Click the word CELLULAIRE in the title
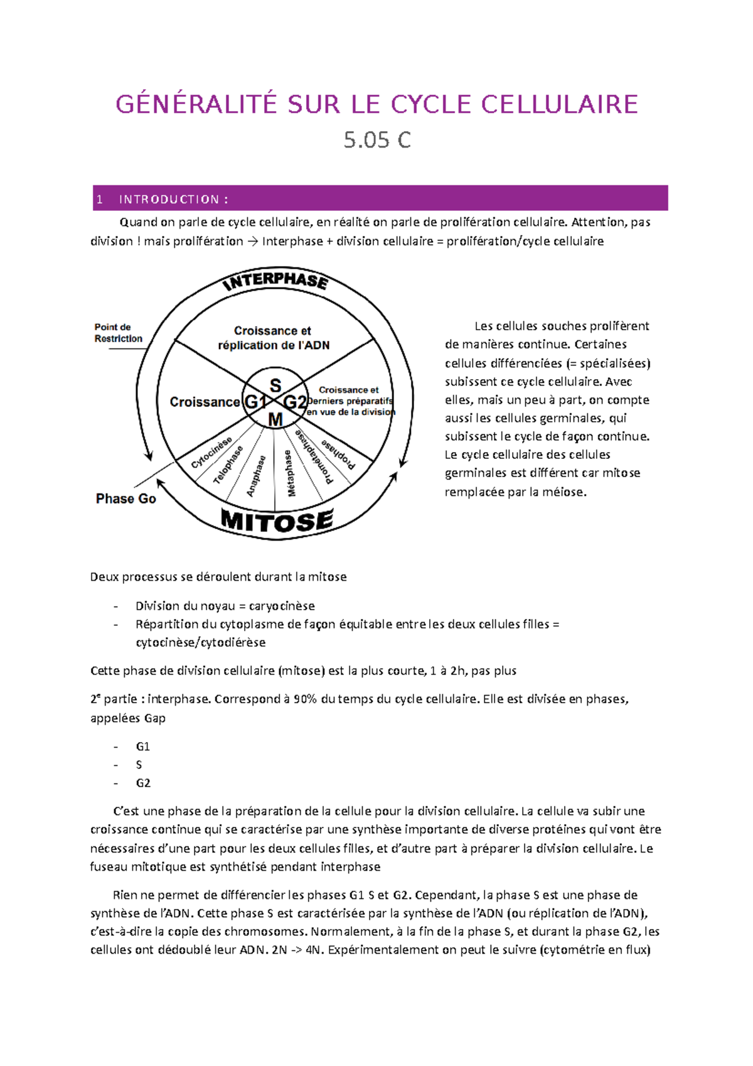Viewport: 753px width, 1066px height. pyautogui.click(x=560, y=104)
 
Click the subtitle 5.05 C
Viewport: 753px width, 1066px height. pyautogui.click(x=377, y=139)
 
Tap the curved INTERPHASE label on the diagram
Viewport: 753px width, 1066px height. pyautogui.click(x=276, y=281)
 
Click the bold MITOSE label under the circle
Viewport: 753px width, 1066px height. pyautogui.click(x=277, y=521)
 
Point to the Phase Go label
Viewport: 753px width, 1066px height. pyautogui.click(x=125, y=498)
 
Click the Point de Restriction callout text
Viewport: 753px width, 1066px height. pyautogui.click(x=118, y=333)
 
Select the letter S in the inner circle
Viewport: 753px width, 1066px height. pyautogui.click(x=275, y=385)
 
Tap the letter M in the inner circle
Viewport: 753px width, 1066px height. pyautogui.click(x=275, y=419)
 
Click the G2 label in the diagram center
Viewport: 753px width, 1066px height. pyautogui.click(x=295, y=402)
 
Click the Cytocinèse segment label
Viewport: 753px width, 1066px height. pyautogui.click(x=211, y=453)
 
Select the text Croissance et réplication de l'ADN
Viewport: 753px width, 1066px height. pyautogui.click(x=273, y=338)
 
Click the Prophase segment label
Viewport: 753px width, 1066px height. pyautogui.click(x=338, y=454)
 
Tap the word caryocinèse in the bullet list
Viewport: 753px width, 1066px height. pyautogui.click(x=282, y=606)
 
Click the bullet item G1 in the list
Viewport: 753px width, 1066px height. pyautogui.click(x=142, y=746)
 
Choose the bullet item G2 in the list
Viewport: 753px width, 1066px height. pyautogui.click(x=142, y=783)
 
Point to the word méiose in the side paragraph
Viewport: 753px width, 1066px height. pyautogui.click(x=565, y=492)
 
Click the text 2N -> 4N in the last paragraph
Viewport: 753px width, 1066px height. pyautogui.click(x=298, y=950)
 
